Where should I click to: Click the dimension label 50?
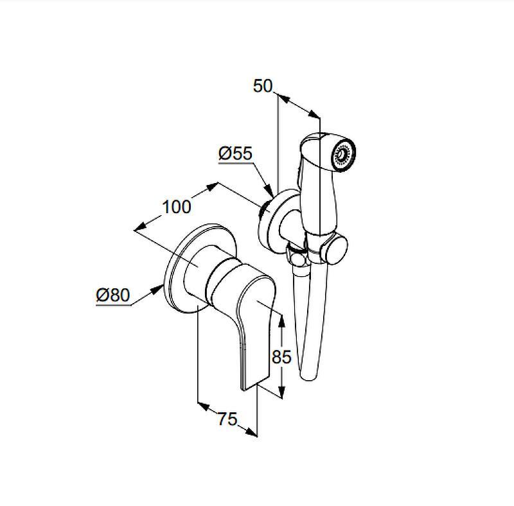coord(263,86)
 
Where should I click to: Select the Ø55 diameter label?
coord(236,153)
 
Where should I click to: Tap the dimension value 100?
coord(177,207)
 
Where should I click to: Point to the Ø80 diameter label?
coord(113,295)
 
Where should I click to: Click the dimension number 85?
coord(281,356)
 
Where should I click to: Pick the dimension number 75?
coord(227,419)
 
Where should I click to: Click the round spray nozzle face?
coord(344,153)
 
